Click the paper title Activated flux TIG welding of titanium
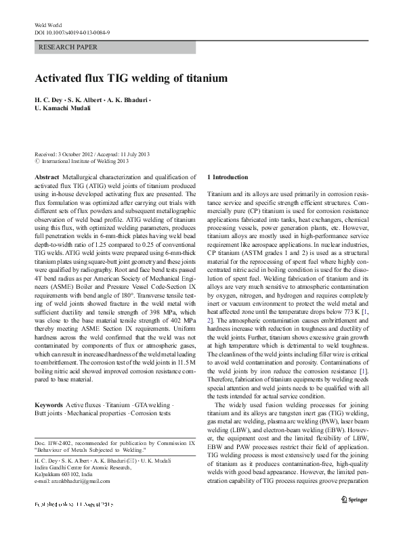(131, 78)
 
